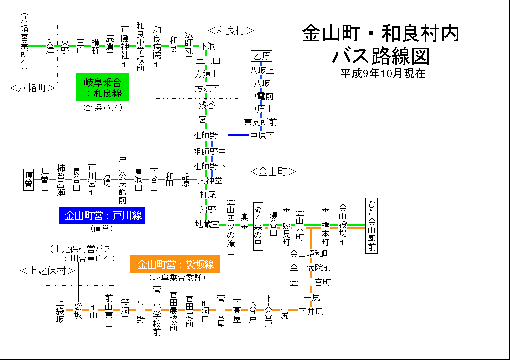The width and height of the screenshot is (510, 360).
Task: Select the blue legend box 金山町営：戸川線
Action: click(102, 215)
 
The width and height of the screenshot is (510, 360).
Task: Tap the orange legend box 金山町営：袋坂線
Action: click(175, 264)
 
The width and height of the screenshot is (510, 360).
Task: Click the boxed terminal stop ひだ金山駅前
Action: click(372, 226)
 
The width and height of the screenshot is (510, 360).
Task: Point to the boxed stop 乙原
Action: click(262, 56)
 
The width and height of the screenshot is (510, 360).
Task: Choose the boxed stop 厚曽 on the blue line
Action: click(29, 179)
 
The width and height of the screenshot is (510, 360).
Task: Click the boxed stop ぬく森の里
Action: click(258, 226)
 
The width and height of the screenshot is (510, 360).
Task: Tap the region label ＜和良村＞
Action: click(231, 31)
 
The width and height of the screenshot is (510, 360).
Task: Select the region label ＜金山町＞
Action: click(273, 172)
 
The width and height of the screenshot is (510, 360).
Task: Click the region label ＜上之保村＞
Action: click(47, 271)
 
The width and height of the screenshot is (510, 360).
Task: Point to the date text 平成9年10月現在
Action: click(383, 73)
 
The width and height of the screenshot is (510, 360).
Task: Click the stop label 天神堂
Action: click(210, 180)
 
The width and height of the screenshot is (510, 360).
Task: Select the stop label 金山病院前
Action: click(310, 268)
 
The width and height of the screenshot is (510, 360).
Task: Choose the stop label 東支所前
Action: click(260, 122)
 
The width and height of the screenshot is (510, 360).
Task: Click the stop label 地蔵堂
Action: click(206, 224)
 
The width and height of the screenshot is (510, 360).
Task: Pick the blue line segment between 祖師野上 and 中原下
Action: click(239, 135)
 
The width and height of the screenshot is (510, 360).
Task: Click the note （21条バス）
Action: click(102, 107)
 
